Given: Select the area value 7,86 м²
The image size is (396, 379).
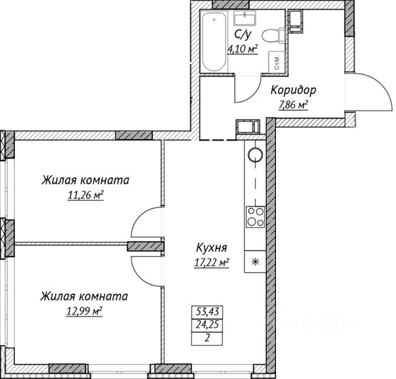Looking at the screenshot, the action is coord(294,104).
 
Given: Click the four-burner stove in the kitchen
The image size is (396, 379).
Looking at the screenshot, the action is coord(254,216).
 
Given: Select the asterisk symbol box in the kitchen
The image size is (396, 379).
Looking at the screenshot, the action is coord(254,260).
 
